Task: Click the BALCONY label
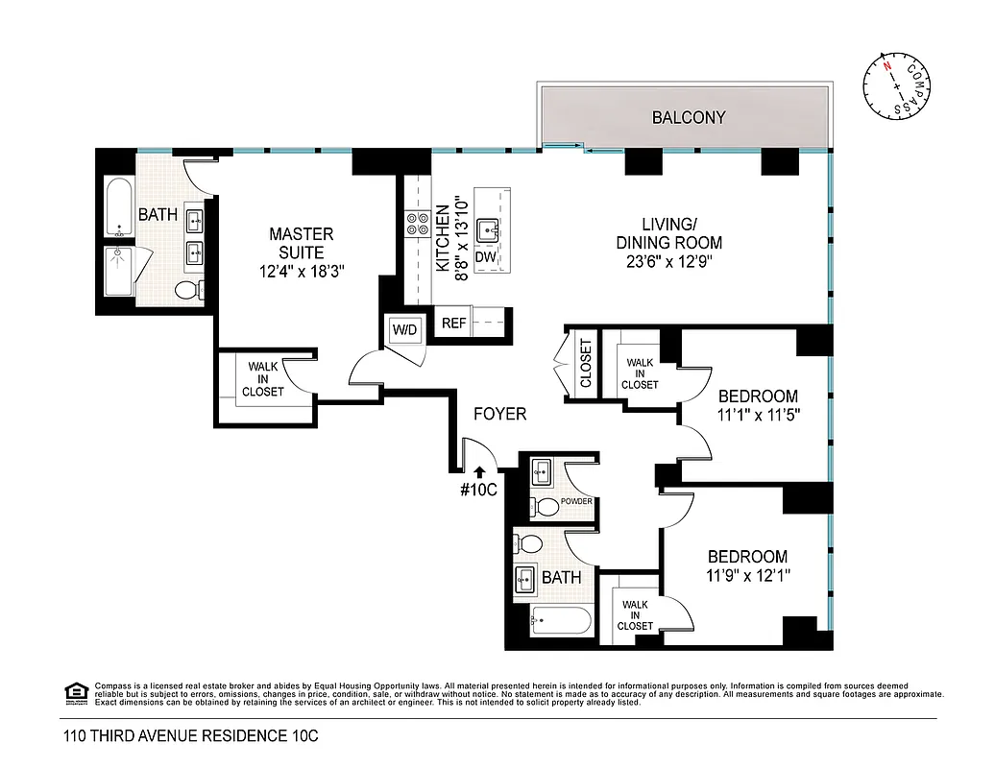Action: (x=688, y=118)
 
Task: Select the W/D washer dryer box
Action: (x=404, y=329)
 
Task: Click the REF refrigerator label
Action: (x=453, y=324)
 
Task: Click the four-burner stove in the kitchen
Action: (x=418, y=224)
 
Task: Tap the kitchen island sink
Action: (x=491, y=229)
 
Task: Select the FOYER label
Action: (x=499, y=414)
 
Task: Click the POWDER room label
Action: (x=576, y=501)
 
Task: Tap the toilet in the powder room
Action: (x=546, y=507)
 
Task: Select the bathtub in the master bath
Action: (x=119, y=207)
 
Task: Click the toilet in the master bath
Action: (x=186, y=291)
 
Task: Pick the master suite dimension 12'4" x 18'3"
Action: (x=301, y=272)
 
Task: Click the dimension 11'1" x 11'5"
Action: (x=758, y=415)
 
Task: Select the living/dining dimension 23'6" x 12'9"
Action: (x=668, y=261)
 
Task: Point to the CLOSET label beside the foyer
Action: (x=585, y=364)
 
